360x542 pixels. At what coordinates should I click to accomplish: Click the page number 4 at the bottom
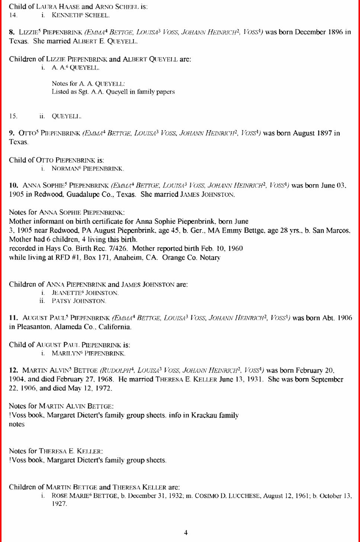(186, 533)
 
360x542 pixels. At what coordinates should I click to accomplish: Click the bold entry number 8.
(12, 32)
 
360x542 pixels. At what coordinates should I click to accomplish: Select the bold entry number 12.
(13, 370)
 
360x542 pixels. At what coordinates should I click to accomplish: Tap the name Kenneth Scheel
(80, 15)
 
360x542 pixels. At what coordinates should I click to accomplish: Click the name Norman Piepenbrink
(87, 169)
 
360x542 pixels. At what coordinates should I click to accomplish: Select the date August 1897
(312, 133)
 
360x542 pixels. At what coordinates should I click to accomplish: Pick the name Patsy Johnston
(79, 301)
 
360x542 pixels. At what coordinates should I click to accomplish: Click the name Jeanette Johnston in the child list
(85, 293)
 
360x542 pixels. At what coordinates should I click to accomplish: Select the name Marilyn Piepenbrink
(88, 354)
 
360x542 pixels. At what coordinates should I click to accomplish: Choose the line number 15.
(13, 116)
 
